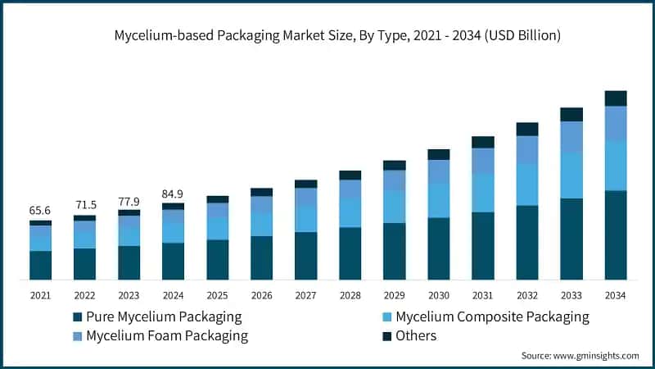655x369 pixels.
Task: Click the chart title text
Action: tap(327, 35)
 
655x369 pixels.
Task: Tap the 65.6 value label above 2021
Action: tap(40, 211)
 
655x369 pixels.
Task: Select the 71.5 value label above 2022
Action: tap(84, 205)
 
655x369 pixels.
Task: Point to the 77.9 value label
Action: tap(129, 200)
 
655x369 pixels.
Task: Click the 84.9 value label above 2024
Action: tap(173, 194)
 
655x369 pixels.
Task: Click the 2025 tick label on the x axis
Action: tap(217, 295)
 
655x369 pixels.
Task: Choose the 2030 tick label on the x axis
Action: tap(438, 295)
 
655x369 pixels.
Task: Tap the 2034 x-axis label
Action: tap(615, 295)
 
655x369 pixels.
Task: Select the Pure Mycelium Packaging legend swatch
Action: tap(77, 317)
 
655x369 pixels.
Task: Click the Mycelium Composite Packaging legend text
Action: tap(492, 317)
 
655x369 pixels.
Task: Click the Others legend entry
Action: tap(416, 335)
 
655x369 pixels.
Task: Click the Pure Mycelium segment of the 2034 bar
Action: tap(615, 235)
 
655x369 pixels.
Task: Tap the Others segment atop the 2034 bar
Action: tap(615, 98)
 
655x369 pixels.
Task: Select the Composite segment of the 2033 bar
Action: tap(571, 175)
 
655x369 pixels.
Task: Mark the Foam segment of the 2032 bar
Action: tap(526, 150)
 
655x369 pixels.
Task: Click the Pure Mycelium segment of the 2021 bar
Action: tap(40, 265)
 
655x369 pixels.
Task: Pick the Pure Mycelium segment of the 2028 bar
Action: tap(350, 253)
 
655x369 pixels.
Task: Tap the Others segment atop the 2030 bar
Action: tap(438, 154)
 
